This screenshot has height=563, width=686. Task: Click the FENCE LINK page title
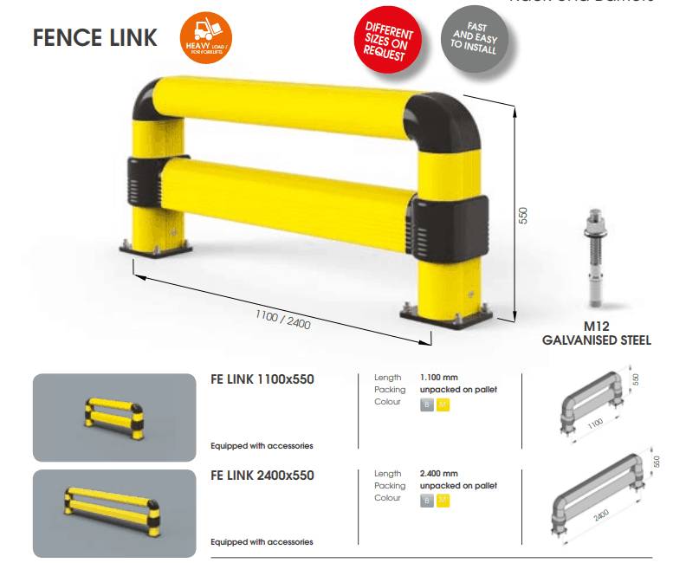(x=95, y=38)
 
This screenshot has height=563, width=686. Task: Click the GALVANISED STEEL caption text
(x=596, y=340)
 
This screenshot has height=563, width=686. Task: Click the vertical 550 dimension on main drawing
(x=522, y=215)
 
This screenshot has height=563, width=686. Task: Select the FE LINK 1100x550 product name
(x=262, y=379)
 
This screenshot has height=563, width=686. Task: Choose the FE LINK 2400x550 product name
(x=262, y=476)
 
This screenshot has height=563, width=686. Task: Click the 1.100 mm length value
(x=438, y=378)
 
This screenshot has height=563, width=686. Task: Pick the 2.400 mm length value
(x=438, y=474)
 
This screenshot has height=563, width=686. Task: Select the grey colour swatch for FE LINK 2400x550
(x=426, y=501)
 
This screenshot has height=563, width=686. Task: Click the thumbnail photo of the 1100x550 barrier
(x=113, y=417)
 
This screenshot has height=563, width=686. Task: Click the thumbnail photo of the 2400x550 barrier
(x=113, y=513)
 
